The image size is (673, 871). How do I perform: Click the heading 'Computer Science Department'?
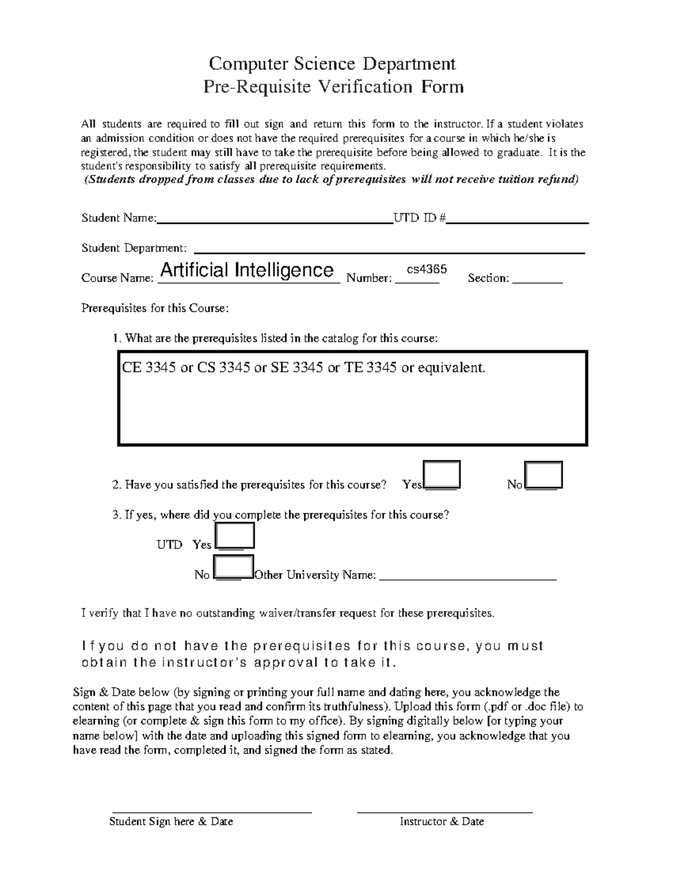click(x=332, y=63)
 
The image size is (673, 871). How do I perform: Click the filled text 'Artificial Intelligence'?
click(x=247, y=270)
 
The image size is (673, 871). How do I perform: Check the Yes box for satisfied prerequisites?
click(x=442, y=474)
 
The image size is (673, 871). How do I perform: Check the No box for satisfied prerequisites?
click(x=543, y=475)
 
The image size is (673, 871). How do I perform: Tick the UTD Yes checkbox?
click(x=235, y=536)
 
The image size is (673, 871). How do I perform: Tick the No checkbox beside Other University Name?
click(x=234, y=567)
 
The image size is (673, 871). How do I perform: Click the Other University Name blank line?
click(x=468, y=577)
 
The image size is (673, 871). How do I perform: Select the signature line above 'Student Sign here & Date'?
click(x=212, y=812)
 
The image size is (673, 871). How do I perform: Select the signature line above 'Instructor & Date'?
click(x=444, y=812)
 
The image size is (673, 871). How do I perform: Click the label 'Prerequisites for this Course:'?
click(x=155, y=308)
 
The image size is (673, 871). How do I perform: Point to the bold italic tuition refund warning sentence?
click(x=331, y=180)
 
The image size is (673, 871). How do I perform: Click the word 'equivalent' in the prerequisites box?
click(x=451, y=368)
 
